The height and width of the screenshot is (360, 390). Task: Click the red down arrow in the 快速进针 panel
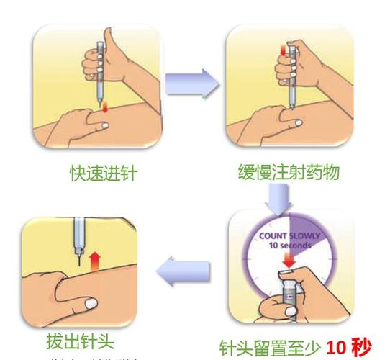pos(106,107)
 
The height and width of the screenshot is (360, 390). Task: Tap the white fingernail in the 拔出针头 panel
pos(86,306)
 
